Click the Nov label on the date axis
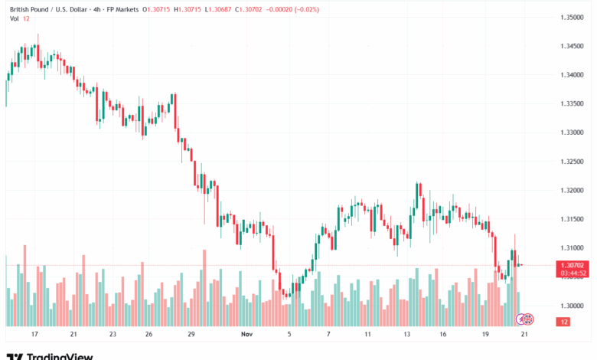tap(246, 335)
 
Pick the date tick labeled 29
tap(191, 335)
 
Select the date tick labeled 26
tap(148, 335)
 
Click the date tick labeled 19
tap(486, 335)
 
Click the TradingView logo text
tap(59, 356)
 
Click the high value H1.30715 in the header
tap(188, 9)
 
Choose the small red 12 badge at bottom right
tap(564, 322)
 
